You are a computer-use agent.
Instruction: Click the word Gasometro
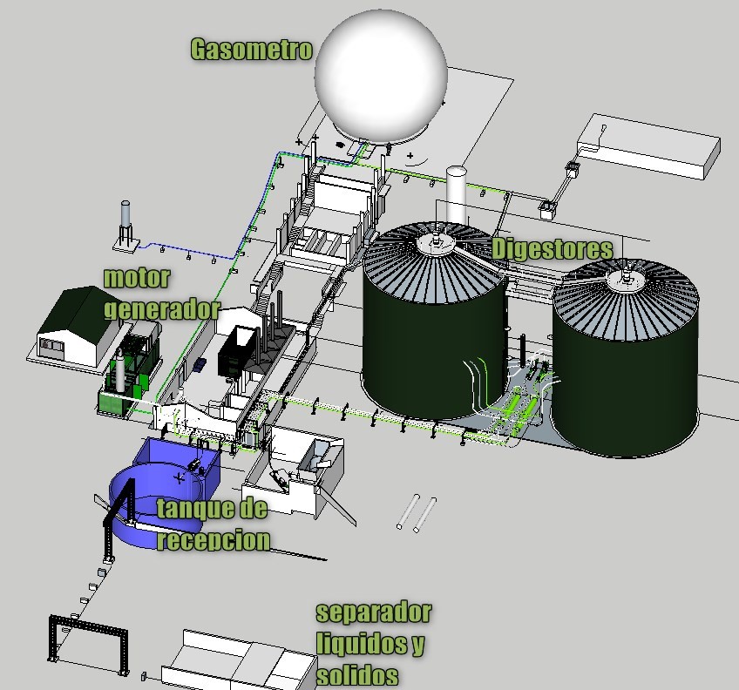251,50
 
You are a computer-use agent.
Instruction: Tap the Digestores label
553,248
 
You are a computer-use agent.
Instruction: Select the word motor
137,278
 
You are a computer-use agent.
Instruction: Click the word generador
162,309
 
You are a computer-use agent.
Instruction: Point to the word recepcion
214,539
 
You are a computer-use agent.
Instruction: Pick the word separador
374,612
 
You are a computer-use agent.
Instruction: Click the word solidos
357,675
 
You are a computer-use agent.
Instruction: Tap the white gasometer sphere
381,77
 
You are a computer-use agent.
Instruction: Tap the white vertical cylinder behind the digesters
457,194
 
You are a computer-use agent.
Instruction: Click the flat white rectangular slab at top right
649,145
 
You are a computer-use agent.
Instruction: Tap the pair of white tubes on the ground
417,513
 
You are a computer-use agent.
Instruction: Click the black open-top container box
239,351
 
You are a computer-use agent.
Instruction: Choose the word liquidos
370,644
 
